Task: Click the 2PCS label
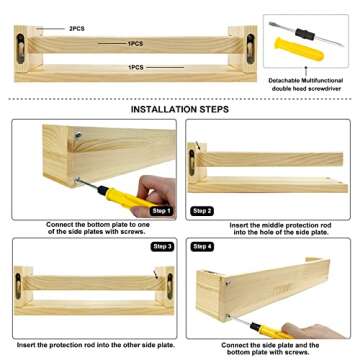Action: coord(77,29)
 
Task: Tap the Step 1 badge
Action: coord(162,211)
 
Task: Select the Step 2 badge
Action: coord(202,211)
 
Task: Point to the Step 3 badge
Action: coord(163,247)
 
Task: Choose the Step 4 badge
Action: coord(202,247)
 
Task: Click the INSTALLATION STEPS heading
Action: coord(180,109)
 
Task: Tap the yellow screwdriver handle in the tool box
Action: coord(299,49)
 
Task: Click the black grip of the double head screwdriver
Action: coord(305,34)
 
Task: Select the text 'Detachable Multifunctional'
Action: coord(306,81)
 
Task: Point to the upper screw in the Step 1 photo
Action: coord(78,135)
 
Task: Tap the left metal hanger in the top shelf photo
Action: coord(21,49)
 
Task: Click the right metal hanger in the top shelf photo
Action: coord(250,49)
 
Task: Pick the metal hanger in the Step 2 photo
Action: coord(192,162)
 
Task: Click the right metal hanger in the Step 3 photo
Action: coord(170,286)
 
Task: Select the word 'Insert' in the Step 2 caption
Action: coord(238,226)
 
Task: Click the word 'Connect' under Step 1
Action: coord(58,225)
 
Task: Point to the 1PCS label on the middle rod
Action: coord(135,44)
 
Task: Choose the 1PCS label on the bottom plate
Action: coord(136,68)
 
